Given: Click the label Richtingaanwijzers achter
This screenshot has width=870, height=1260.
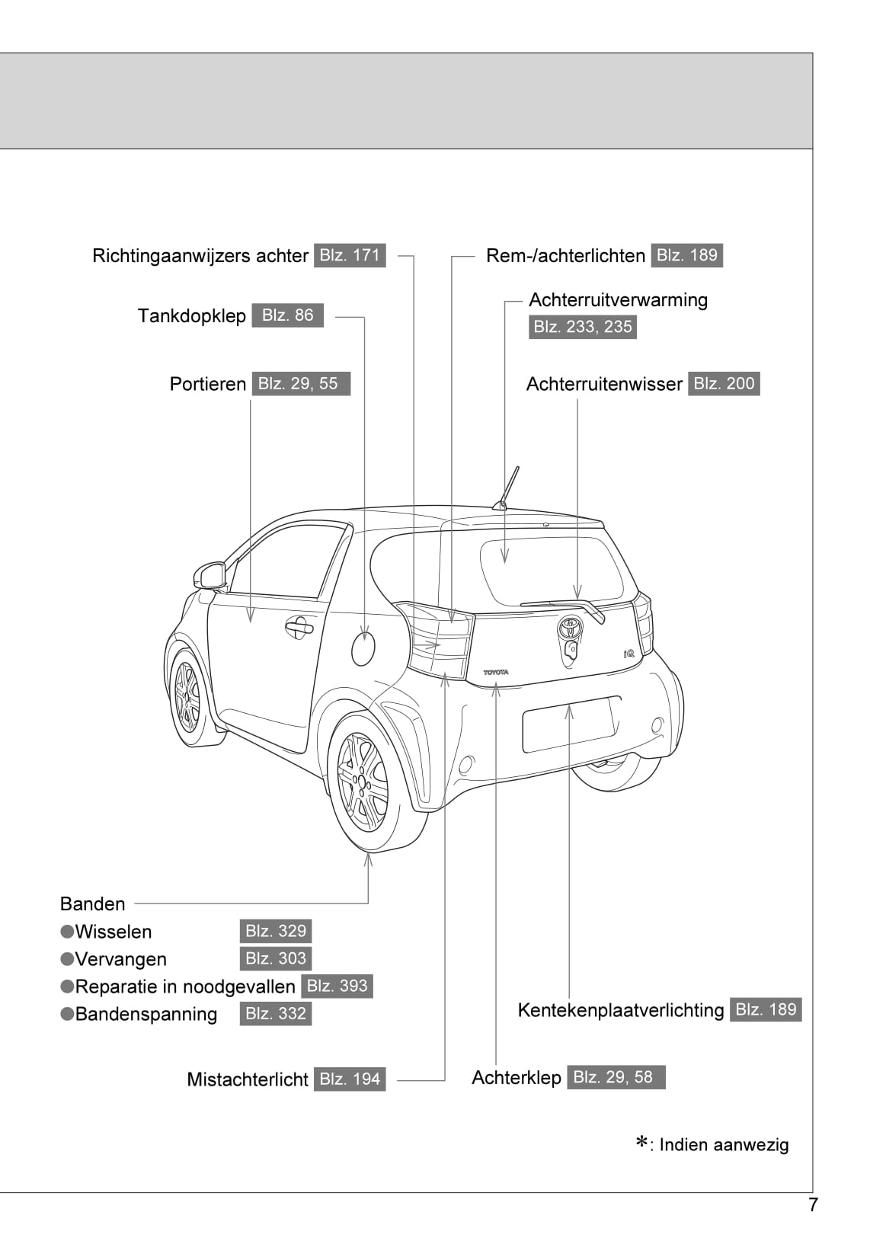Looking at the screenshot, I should tap(200, 256).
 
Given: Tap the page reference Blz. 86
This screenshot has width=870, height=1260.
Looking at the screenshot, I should tap(287, 315).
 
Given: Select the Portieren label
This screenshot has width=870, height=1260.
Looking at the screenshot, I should tap(207, 384).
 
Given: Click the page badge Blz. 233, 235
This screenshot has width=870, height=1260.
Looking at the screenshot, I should tap(582, 327).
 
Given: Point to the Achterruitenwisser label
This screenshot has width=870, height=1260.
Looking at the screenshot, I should tap(603, 384).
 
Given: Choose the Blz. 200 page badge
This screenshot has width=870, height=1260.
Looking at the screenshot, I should tap(723, 384).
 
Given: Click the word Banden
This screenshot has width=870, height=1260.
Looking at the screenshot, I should tap(92, 904).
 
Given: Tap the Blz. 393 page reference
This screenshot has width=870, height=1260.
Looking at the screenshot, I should tap(337, 987).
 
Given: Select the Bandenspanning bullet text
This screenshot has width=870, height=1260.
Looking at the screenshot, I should tap(146, 1015).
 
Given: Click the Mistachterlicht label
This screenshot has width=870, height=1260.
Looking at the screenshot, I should tap(247, 1079).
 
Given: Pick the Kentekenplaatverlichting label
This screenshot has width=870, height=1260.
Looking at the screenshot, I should tap(620, 1010).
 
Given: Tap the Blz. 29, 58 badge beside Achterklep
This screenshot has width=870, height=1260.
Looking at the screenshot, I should tap(615, 1077).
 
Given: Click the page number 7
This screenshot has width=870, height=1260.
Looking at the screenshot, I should tap(813, 1205).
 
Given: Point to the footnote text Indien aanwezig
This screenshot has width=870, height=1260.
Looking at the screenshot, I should tap(723, 1145).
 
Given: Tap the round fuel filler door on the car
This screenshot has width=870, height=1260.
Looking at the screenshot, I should tap(363, 648).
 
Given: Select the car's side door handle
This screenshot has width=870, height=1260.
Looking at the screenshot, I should tap(299, 628).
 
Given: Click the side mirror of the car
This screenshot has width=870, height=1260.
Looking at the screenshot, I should tap(210, 575).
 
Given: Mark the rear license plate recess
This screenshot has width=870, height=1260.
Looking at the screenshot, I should tap(570, 724).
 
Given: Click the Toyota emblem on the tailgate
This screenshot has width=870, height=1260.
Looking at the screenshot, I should tap(570, 627).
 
